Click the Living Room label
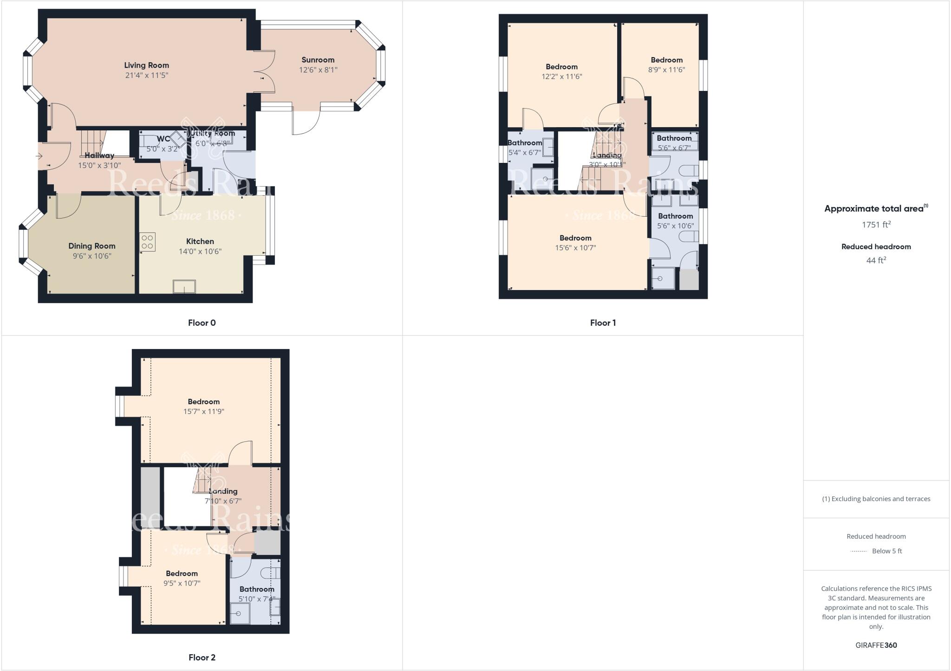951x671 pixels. [146, 65]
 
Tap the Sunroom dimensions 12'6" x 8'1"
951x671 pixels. [318, 70]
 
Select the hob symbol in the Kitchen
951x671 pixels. [147, 242]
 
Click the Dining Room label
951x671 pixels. [92, 246]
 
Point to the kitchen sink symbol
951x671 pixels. [184, 287]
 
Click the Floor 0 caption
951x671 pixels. [202, 323]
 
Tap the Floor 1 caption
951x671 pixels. [603, 323]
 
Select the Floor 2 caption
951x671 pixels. [202, 657]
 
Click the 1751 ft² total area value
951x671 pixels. [876, 225]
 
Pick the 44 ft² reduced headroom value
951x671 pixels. [876, 260]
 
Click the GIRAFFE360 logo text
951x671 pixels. [876, 645]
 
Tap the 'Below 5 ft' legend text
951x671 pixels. [887, 551]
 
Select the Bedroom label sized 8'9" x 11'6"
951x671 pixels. [666, 60]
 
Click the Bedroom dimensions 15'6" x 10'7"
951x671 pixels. [575, 248]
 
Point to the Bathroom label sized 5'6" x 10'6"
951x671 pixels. [675, 216]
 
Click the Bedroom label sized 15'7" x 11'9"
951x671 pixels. [203, 402]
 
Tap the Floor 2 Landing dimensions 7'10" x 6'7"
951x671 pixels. [223, 501]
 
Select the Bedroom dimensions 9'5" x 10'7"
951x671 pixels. [182, 583]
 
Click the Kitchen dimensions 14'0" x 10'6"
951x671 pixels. [200, 252]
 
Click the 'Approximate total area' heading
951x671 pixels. [874, 209]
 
